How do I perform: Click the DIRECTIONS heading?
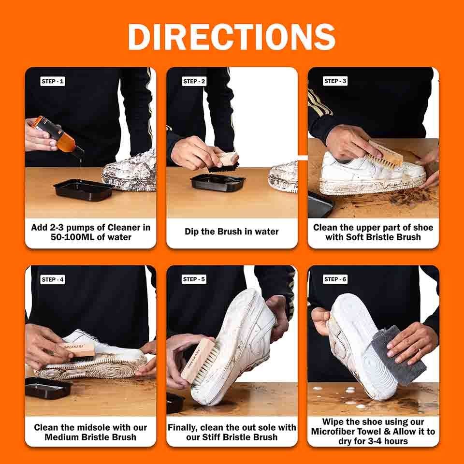pyautogui.click(x=232, y=37)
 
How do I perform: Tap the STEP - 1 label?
pyautogui.click(x=53, y=81)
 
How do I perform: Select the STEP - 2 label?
pyautogui.click(x=194, y=81)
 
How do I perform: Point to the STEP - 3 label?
pyautogui.click(x=335, y=81)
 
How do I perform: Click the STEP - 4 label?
pyautogui.click(x=53, y=279)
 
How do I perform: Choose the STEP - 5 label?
pyautogui.click(x=194, y=279)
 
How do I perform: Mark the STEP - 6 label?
pyautogui.click(x=335, y=279)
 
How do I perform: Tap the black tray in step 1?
pyautogui.click(x=83, y=189)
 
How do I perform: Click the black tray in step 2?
pyautogui.click(x=217, y=182)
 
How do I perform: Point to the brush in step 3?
pyautogui.click(x=386, y=155)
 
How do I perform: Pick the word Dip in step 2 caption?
pyautogui.click(x=192, y=232)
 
